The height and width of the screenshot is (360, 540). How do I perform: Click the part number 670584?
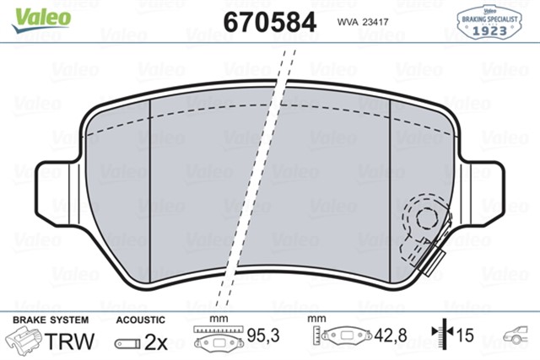[269, 20]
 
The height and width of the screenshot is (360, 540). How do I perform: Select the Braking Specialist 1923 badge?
[489, 20]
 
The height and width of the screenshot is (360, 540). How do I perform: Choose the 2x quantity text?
[156, 341]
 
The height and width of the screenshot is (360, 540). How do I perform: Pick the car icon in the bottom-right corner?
[518, 338]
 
